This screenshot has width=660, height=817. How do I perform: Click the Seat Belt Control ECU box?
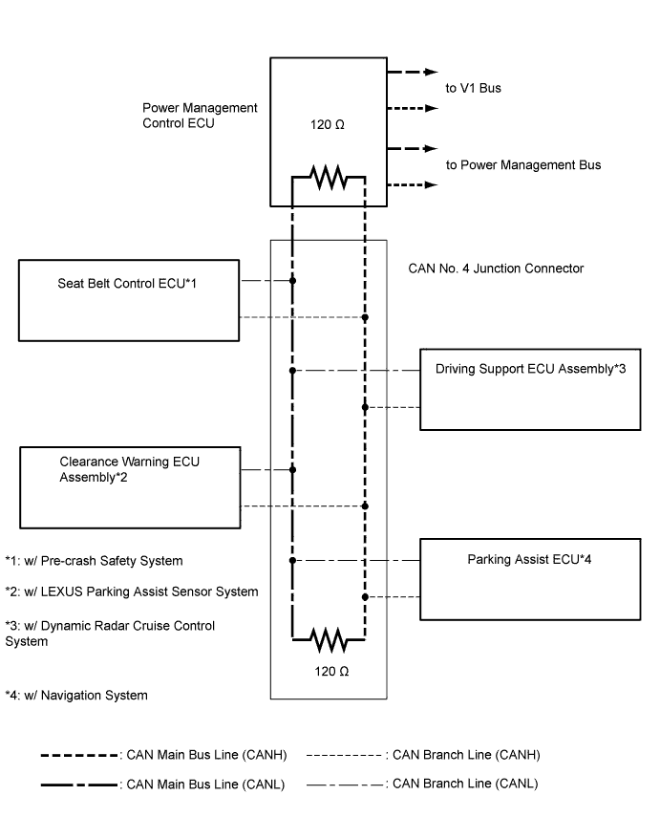[x=128, y=301]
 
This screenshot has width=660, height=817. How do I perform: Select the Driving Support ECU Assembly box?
[x=529, y=389]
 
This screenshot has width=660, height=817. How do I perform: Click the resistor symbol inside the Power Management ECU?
[x=328, y=178]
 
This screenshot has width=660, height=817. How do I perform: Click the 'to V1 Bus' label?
[x=473, y=89]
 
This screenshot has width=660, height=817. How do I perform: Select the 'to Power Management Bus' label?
[x=523, y=165]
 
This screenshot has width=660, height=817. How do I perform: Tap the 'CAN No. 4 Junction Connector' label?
[x=496, y=269]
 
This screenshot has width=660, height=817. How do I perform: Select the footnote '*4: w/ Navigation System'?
[x=76, y=696]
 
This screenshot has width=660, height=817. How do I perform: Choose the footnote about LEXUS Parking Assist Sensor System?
[x=131, y=592]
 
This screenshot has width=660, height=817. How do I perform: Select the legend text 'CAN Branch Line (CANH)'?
[x=465, y=755]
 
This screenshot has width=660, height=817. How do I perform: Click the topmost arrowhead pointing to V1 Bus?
[x=432, y=71]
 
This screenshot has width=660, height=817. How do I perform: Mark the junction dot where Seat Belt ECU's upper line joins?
[x=292, y=281]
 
